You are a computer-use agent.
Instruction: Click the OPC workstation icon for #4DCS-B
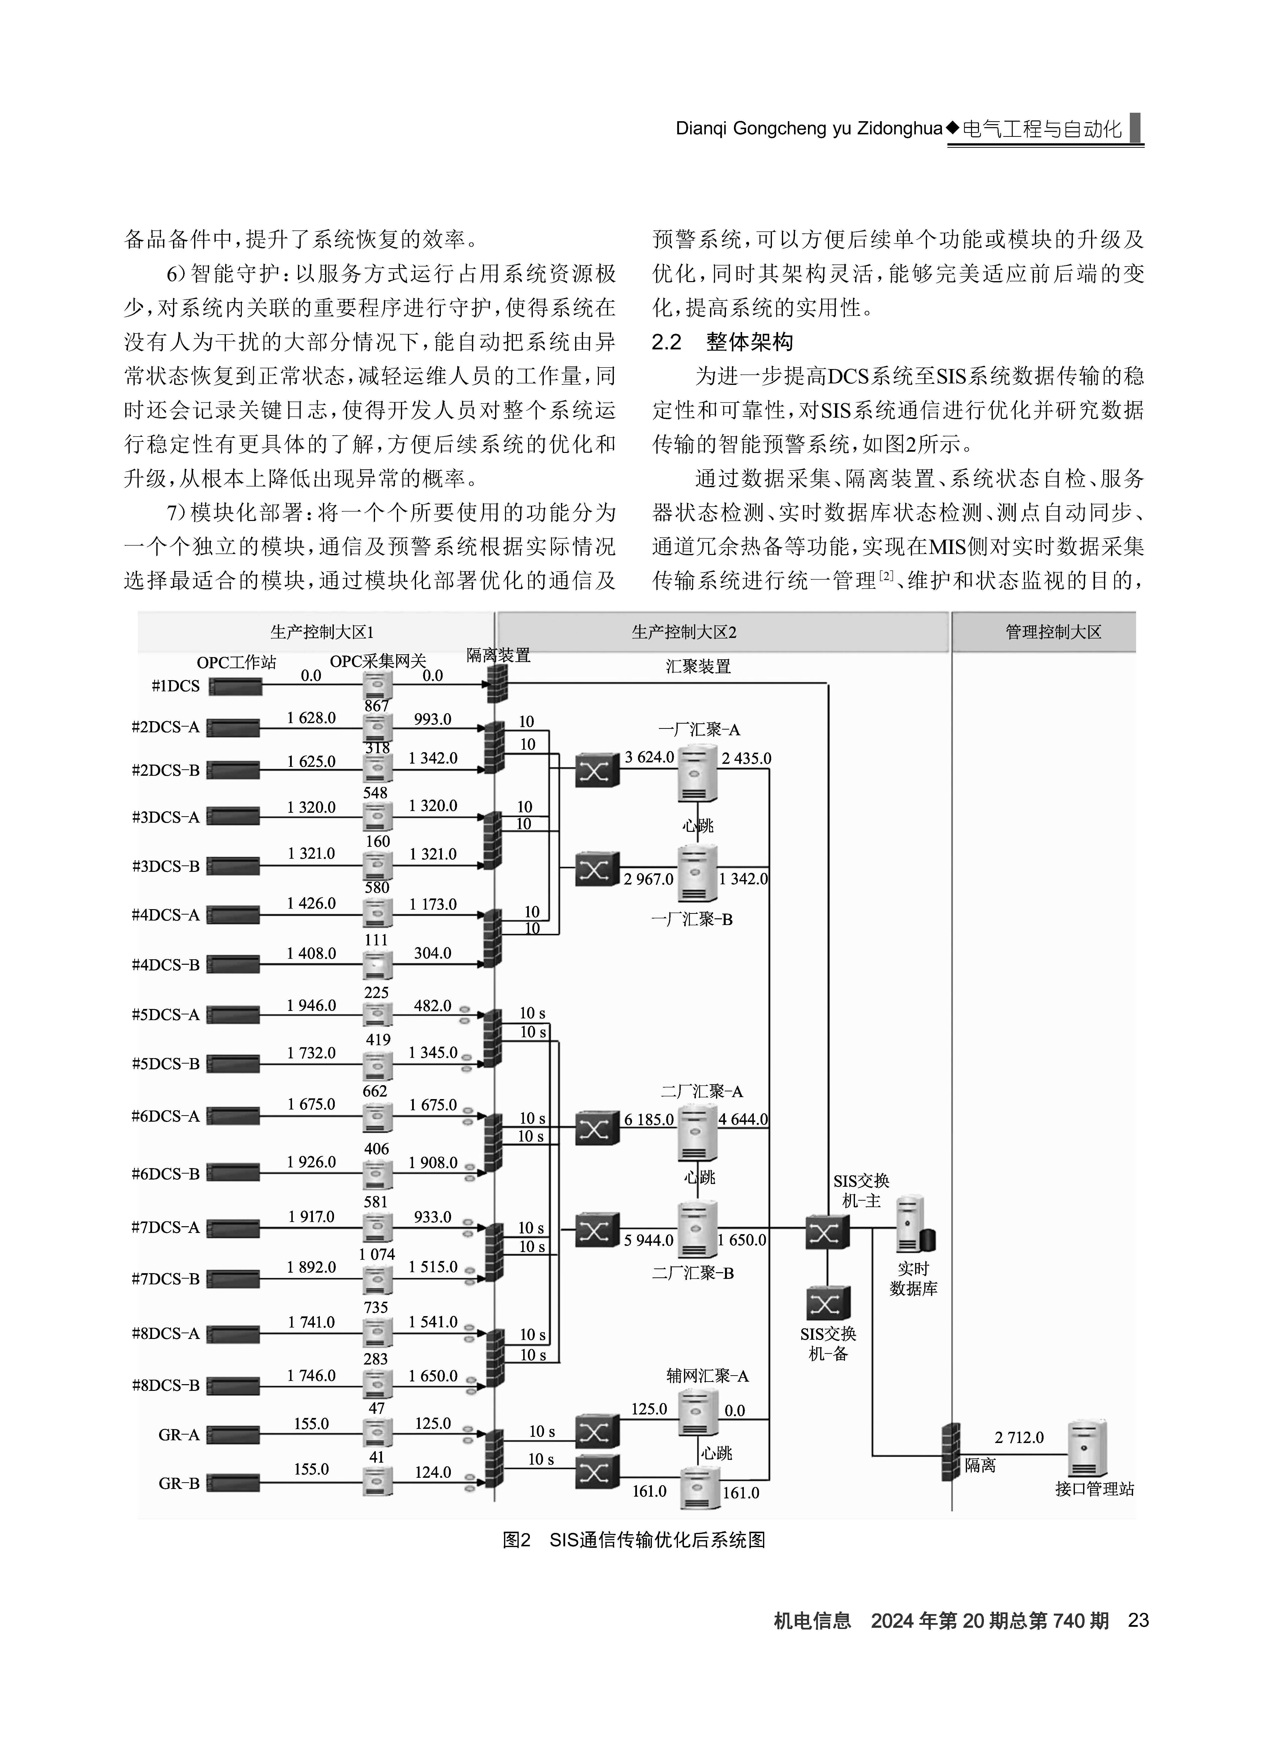click(233, 965)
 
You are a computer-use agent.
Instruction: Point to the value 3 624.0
click(649, 757)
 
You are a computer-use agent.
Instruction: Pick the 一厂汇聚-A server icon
click(697, 773)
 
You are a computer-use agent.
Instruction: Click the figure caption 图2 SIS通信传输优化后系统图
click(634, 1540)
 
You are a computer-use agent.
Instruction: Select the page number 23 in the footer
click(1138, 1621)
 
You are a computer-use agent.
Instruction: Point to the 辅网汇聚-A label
click(707, 1376)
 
